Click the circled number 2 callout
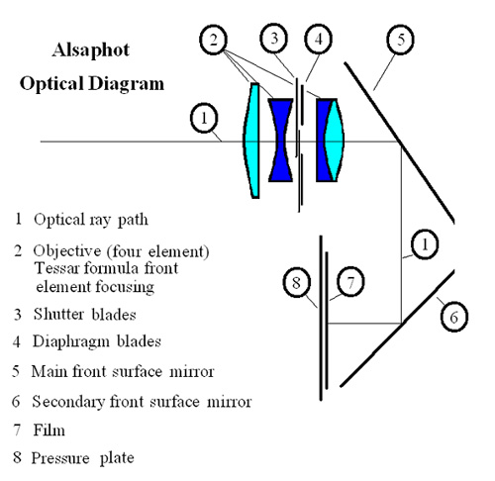tap(214, 40)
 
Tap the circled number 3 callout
tap(274, 39)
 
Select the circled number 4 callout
tap(319, 39)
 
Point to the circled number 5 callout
tap(400, 40)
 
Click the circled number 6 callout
tap(454, 317)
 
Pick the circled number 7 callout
tap(350, 282)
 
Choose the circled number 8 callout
tap(297, 282)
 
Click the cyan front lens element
tap(251, 141)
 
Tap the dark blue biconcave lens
tap(281, 140)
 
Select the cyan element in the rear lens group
tap(335, 141)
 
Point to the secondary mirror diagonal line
tap(397, 328)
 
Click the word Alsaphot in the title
tap(91, 50)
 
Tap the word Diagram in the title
tap(127, 83)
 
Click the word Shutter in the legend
tap(59, 314)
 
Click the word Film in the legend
tap(49, 431)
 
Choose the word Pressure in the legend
tap(60, 458)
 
